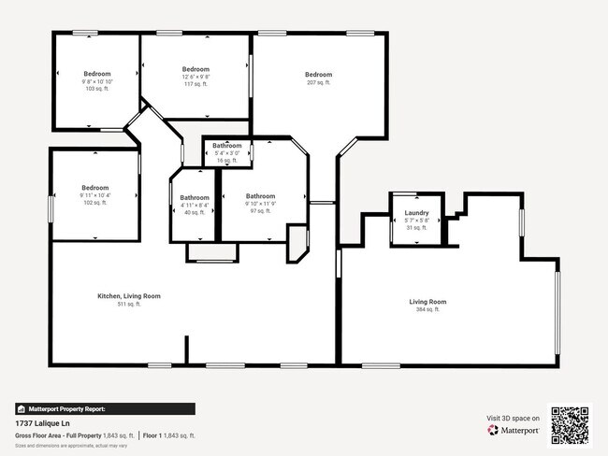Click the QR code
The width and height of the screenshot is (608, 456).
pyautogui.click(x=570, y=424)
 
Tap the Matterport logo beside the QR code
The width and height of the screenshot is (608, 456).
pyautogui.click(x=513, y=430)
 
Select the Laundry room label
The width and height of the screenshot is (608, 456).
pyautogui.click(x=417, y=213)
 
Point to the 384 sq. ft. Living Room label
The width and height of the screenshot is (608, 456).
pyautogui.click(x=427, y=302)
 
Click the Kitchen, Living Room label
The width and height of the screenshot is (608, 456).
pyautogui.click(x=129, y=296)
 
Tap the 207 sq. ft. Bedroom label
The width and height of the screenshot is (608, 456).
pyautogui.click(x=318, y=75)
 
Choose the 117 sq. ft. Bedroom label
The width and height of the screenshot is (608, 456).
pyautogui.click(x=195, y=69)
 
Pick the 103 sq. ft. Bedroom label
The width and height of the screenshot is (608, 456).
pyautogui.click(x=97, y=74)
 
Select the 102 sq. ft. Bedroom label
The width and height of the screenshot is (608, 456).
pyautogui.click(x=94, y=187)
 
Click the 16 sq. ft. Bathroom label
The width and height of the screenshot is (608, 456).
pyautogui.click(x=227, y=146)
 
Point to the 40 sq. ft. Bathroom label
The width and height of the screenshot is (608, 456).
pyautogui.click(x=195, y=197)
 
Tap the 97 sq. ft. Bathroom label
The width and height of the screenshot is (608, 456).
pyautogui.click(x=260, y=196)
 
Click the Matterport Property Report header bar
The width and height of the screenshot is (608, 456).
pyautogui.click(x=105, y=408)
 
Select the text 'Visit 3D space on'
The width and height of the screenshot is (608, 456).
pyautogui.click(x=514, y=418)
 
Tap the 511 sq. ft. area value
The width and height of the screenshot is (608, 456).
pyautogui.click(x=129, y=304)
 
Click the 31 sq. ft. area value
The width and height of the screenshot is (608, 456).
pyautogui.click(x=417, y=227)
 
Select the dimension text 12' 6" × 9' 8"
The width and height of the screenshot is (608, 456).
pyautogui.click(x=195, y=77)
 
